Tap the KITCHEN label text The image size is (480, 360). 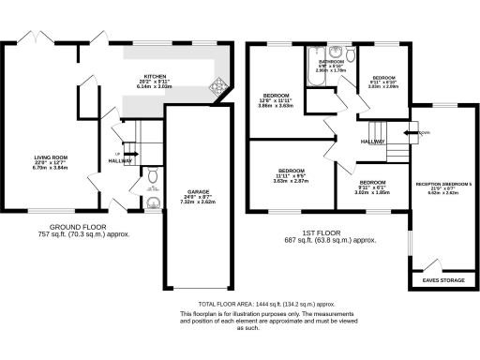[x=155, y=77]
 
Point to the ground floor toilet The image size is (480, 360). [x=152, y=175]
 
